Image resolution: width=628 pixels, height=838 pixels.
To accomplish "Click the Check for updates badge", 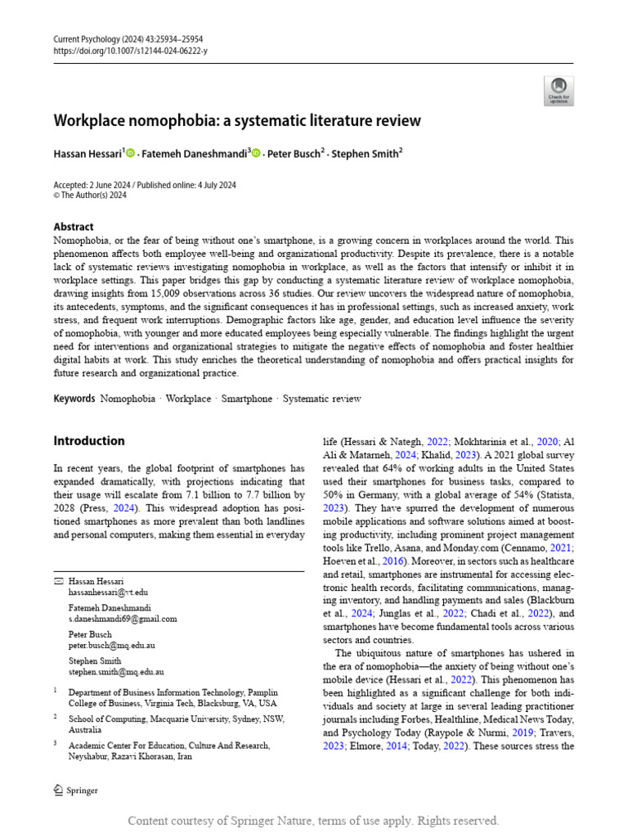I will coord(558,90).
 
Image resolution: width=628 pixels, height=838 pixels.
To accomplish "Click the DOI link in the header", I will coord(130,51).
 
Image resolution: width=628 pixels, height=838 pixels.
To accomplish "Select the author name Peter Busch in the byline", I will coord(294,153).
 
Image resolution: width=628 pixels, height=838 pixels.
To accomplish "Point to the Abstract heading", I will coord(74,227).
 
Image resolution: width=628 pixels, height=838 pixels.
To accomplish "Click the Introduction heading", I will coord(89,441).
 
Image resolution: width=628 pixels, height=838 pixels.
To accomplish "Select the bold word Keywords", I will coord(74,399).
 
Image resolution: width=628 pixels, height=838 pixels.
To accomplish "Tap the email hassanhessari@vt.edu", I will coord(108,592).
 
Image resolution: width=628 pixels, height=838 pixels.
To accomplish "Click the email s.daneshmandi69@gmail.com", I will coord(123,619).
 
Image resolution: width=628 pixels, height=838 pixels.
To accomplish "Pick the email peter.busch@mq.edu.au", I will coord(111,646).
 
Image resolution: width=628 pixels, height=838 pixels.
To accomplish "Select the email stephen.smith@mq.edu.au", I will coord(114,673).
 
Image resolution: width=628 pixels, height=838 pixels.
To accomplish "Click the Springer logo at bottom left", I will coord(75,790).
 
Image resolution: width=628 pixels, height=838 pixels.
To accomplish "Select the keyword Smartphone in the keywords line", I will coord(246,399).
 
